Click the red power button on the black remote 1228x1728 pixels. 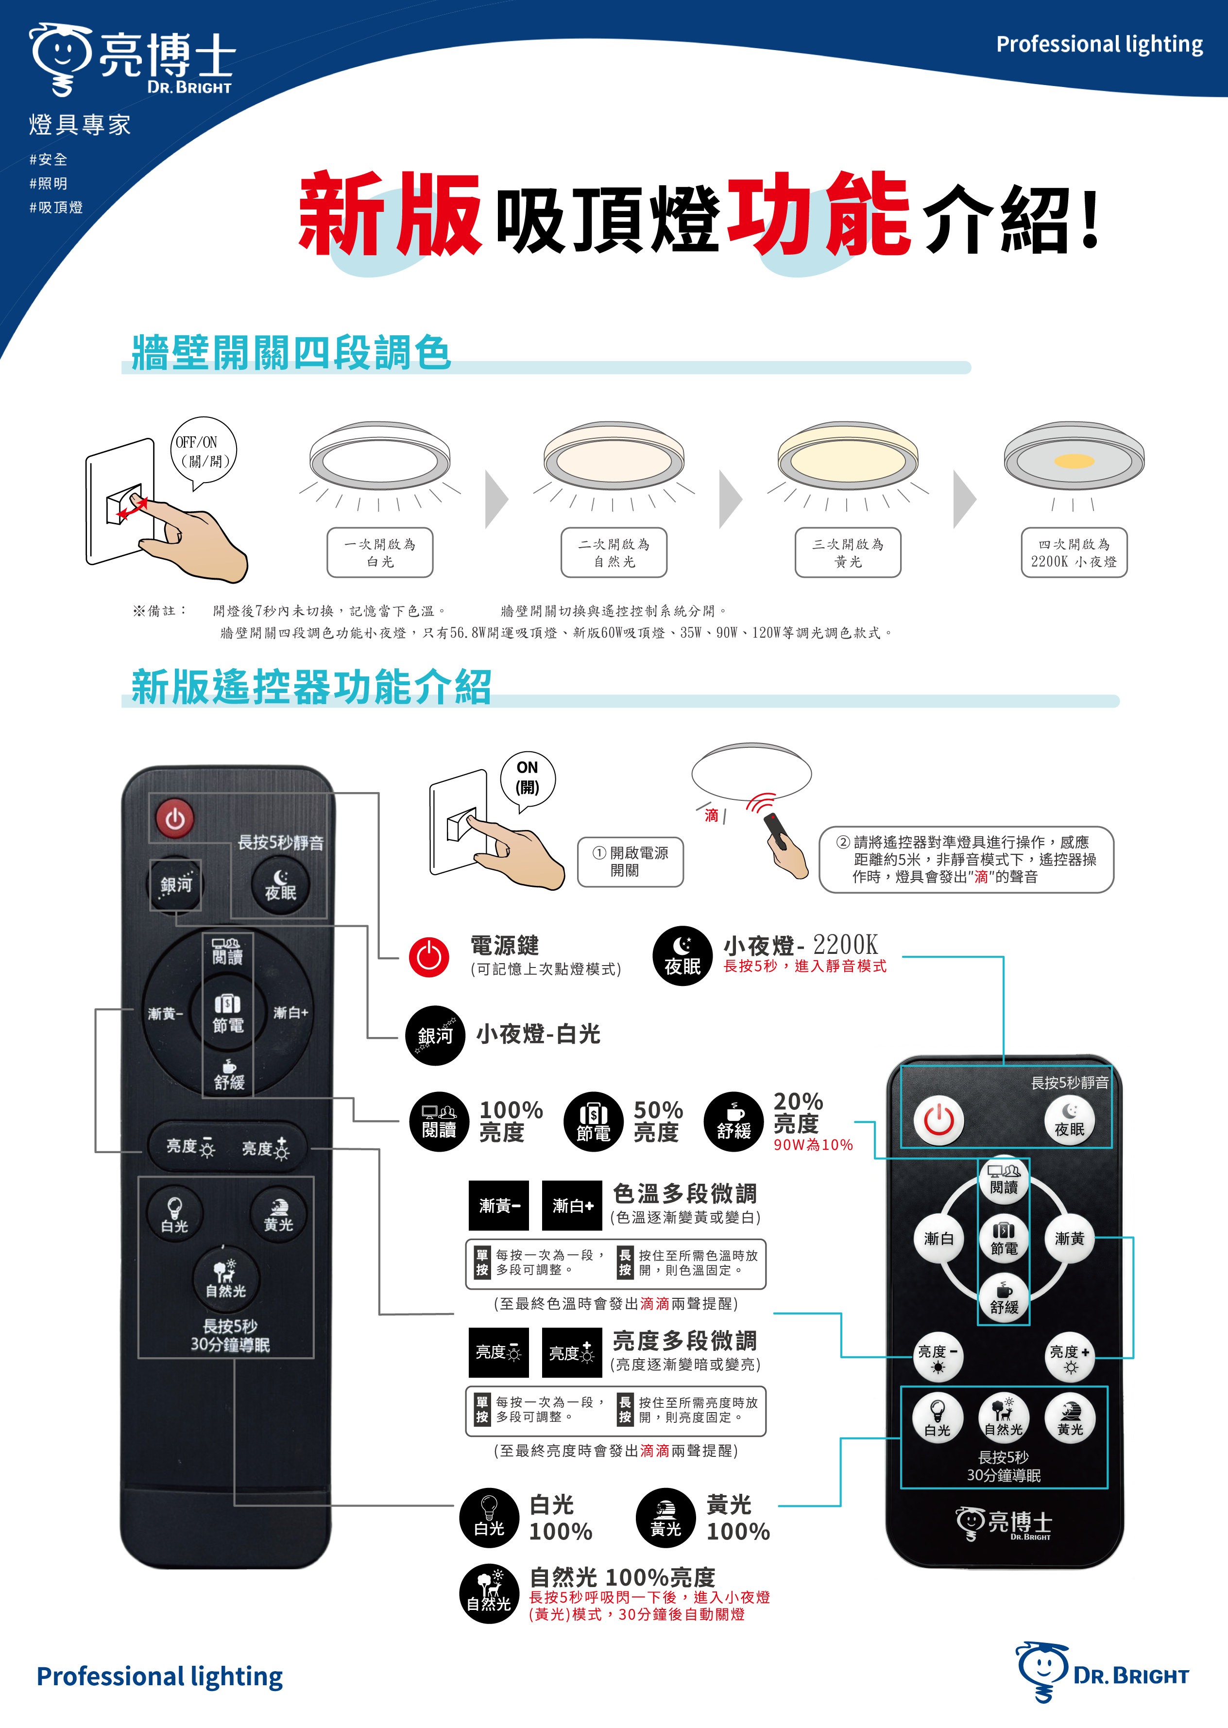pyautogui.click(x=175, y=818)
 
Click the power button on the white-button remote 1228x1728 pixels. pyautogui.click(x=938, y=1120)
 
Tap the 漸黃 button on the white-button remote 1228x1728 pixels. pyautogui.click(x=1069, y=1238)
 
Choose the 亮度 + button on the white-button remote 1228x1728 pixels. pyautogui.click(x=1069, y=1357)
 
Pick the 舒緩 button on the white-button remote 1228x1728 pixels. pyautogui.click(x=1004, y=1298)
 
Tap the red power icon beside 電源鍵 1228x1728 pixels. pyautogui.click(x=429, y=957)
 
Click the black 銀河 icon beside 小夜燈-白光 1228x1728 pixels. pyautogui.click(x=435, y=1035)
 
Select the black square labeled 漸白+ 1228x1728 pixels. pyautogui.click(x=572, y=1206)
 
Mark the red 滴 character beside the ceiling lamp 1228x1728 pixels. pyautogui.click(x=712, y=815)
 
